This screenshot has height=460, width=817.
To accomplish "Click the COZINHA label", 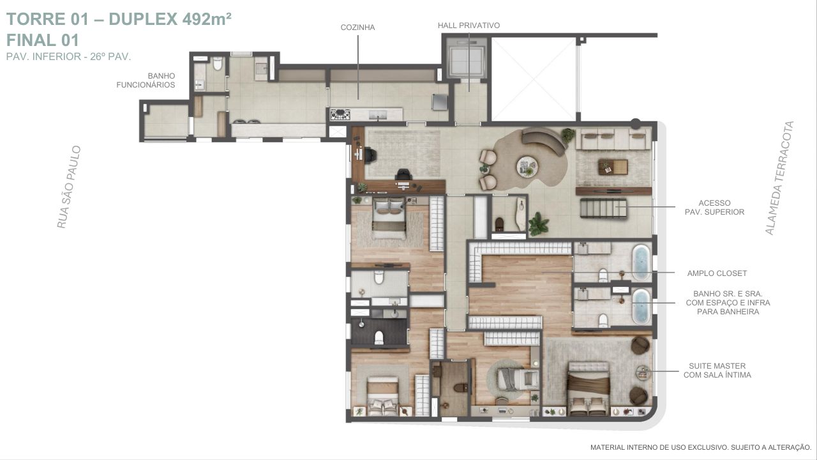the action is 357,27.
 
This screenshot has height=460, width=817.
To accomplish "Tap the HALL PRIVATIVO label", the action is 468,26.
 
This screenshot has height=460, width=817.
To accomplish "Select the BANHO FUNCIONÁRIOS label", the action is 146,80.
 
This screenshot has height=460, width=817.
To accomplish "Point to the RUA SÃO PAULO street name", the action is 68,187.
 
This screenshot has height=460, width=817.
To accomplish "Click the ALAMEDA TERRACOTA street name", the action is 779,178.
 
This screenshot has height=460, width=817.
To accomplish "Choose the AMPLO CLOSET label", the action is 717,273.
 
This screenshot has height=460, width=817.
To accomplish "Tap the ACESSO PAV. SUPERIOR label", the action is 714,208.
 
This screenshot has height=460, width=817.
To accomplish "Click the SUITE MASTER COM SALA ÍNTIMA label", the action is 717,370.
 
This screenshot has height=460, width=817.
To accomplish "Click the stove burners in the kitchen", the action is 340,114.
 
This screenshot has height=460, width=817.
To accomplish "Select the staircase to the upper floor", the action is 603,208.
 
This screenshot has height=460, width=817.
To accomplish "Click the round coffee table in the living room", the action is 527,167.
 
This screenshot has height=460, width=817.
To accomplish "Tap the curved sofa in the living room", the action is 543,141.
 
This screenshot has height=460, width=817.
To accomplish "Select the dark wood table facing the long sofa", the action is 613,167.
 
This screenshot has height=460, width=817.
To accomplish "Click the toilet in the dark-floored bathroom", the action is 379,337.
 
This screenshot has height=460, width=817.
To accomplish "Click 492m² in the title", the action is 207,19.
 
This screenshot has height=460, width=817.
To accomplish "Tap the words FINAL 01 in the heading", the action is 43,40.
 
